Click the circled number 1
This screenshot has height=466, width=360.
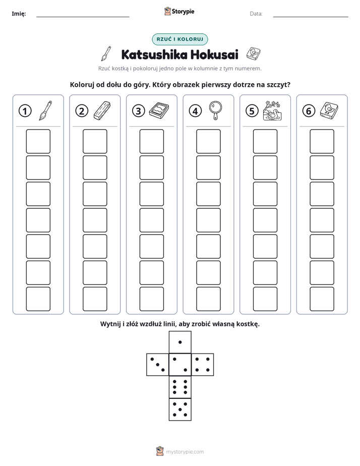click(25, 111)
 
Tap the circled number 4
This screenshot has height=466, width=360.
click(195, 111)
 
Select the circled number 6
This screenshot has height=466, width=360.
click(309, 111)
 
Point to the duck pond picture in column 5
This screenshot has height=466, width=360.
click(272, 110)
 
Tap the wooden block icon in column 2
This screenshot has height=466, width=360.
click(102, 110)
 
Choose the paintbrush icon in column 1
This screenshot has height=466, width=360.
click(45, 110)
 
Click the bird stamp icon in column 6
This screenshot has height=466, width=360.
click(329, 110)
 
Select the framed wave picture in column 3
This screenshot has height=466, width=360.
click(159, 110)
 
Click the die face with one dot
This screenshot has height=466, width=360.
click(180, 342)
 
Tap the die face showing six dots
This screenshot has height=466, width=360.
click(180, 387)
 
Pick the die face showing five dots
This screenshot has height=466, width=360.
click(180, 409)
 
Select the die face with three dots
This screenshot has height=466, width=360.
click(158, 364)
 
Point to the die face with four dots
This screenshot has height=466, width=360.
click(203, 364)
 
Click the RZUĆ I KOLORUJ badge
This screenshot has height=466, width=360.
click(180, 39)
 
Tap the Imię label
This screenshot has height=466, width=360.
click(19, 14)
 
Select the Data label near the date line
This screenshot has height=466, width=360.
click(256, 14)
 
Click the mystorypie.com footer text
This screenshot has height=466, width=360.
click(185, 452)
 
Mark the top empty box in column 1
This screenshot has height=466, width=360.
click(38, 141)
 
